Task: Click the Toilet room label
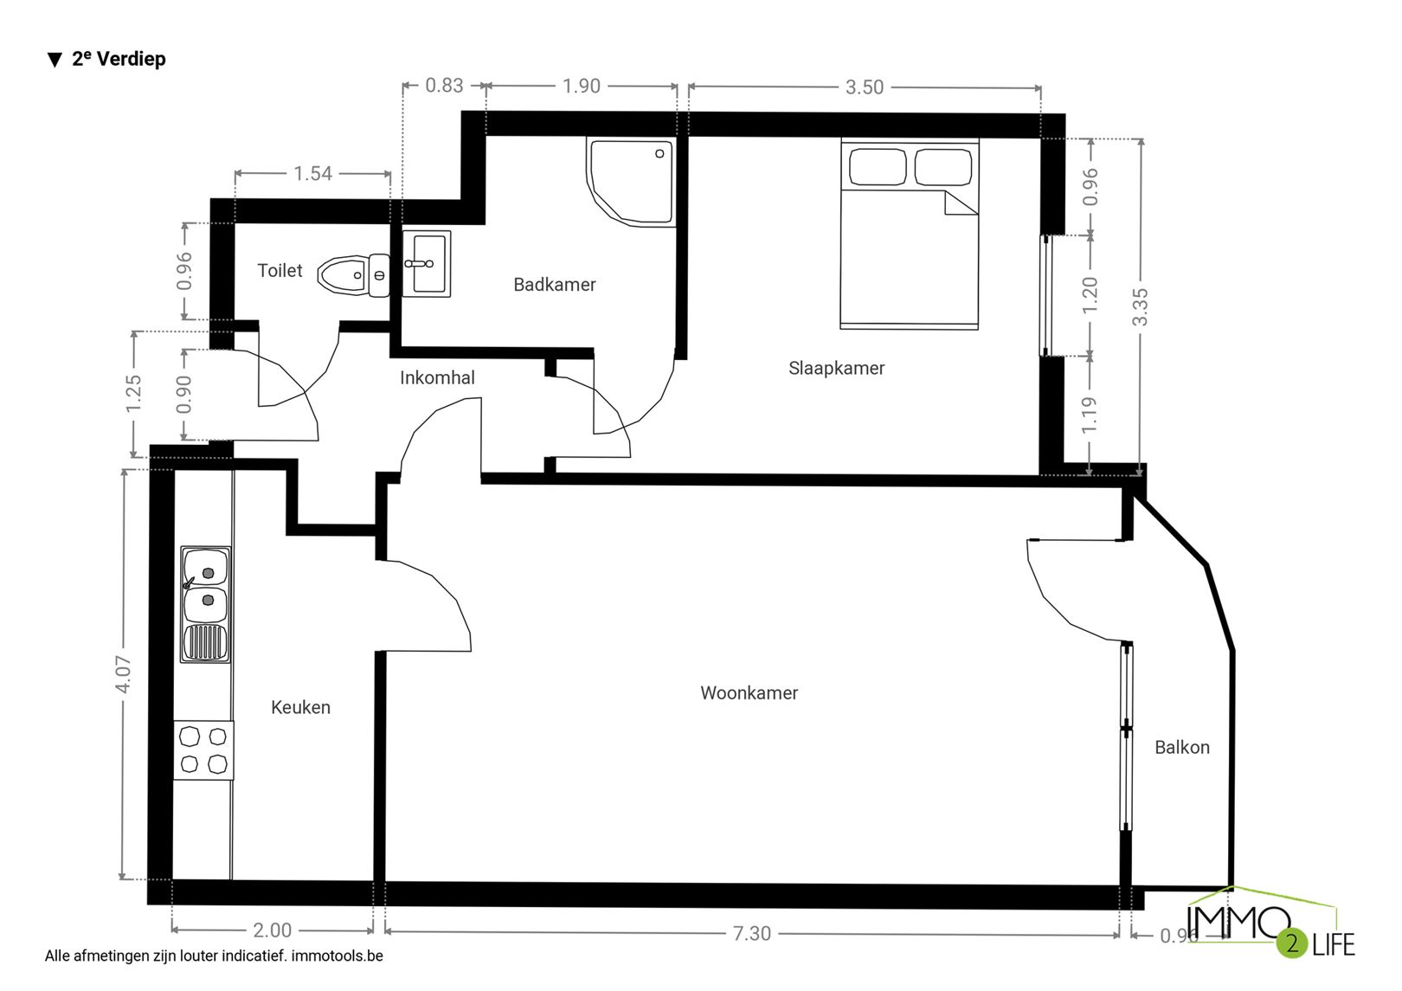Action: pos(280,270)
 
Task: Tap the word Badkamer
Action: pos(555,285)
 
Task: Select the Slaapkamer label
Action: pos(837,368)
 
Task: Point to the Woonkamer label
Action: pos(749,693)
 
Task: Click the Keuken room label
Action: pos(300,707)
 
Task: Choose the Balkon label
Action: pos(1182,748)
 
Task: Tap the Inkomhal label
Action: pos(438,377)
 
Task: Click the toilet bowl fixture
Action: pos(354,275)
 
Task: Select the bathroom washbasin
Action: pos(427,264)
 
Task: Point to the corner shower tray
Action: pos(631,182)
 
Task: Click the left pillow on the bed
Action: pos(878,167)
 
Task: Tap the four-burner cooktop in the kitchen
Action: pos(203,750)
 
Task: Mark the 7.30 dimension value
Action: pos(752,933)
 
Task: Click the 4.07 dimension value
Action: pos(123,674)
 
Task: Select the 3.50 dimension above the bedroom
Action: pos(865,87)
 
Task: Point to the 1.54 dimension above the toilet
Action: pos(313,173)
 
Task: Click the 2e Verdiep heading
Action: pos(107,59)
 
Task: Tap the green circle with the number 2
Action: pos(1292,943)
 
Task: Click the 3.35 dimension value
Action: pos(1141,306)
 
